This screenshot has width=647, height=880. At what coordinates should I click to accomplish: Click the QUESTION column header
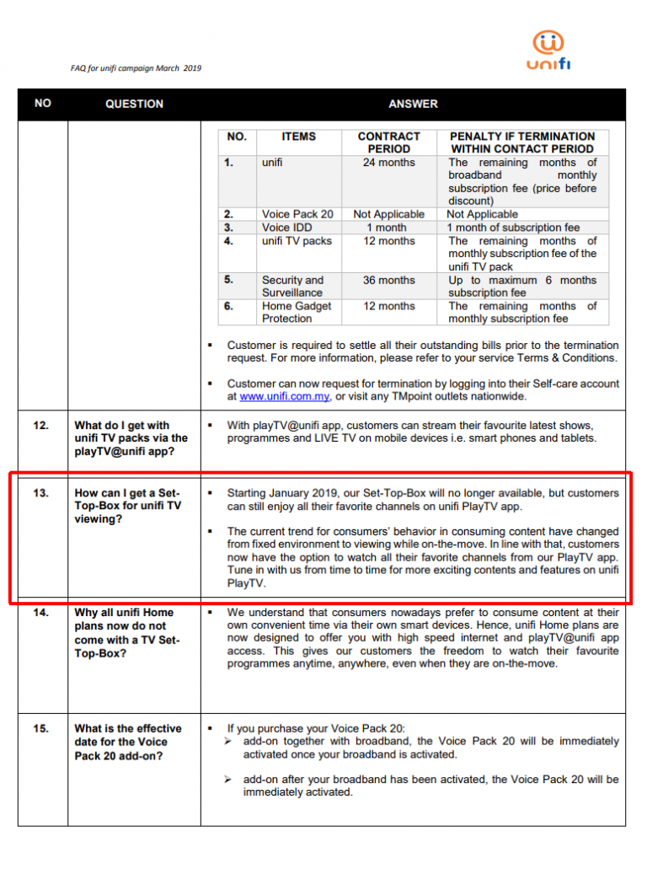tap(134, 104)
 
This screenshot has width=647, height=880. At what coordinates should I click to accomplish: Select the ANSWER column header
tap(413, 104)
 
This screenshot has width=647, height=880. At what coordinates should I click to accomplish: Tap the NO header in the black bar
tap(43, 103)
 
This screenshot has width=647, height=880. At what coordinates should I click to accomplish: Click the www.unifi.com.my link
tap(284, 396)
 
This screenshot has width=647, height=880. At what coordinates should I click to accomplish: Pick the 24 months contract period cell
tap(388, 163)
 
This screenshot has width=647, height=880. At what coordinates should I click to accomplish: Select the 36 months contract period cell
tap(388, 280)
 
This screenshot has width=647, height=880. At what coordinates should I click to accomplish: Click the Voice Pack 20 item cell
tap(297, 214)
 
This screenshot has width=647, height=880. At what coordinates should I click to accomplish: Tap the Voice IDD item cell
tap(286, 228)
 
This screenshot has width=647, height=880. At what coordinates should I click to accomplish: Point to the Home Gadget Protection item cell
tap(297, 312)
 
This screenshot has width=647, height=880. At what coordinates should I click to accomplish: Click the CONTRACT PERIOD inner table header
tap(388, 142)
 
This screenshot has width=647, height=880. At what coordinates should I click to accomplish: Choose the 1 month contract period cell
tap(388, 228)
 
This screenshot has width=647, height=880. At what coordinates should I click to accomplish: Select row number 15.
tap(41, 728)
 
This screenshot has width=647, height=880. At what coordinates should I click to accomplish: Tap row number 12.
tap(41, 426)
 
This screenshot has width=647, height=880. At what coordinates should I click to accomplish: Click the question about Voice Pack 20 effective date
tap(128, 742)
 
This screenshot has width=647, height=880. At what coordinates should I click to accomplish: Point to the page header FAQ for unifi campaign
tap(136, 68)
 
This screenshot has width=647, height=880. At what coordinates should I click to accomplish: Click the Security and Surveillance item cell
tap(292, 286)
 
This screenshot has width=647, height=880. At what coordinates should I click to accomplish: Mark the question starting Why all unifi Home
tap(127, 633)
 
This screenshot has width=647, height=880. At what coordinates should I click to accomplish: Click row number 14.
tap(41, 613)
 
